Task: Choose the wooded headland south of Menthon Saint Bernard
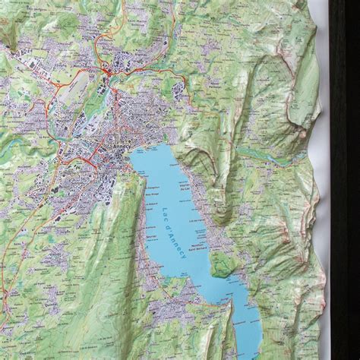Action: coord(221,266)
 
